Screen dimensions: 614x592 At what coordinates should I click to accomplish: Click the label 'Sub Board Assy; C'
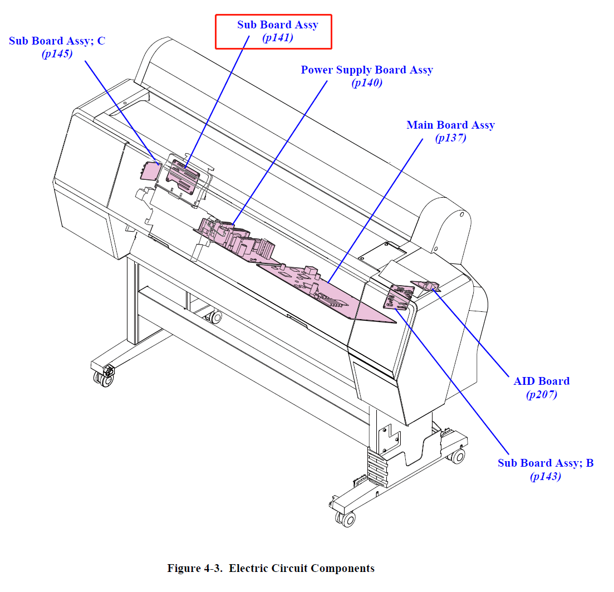point(57,41)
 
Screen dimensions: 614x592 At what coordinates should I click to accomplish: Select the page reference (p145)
point(57,53)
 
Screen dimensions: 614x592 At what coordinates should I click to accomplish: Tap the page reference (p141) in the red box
point(278,38)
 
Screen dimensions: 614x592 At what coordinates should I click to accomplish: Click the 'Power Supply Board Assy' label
point(367,70)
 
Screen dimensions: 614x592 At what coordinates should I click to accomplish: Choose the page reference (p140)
point(367,82)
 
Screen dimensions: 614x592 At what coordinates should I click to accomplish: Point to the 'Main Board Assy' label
point(451,125)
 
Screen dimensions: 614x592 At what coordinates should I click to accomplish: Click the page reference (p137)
point(451,138)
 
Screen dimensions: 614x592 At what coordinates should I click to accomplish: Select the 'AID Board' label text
point(542,381)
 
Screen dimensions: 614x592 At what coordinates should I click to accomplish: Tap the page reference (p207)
point(542,394)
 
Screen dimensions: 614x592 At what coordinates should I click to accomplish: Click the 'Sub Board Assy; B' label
point(546,463)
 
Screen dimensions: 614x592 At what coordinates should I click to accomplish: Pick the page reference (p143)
point(546,476)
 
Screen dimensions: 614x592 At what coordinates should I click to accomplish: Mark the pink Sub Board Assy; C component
point(150,171)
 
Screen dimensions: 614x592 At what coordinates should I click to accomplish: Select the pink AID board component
point(426,286)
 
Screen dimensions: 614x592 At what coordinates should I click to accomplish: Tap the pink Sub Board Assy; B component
point(398,297)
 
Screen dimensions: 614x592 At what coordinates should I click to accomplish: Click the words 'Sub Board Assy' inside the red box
point(278,25)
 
